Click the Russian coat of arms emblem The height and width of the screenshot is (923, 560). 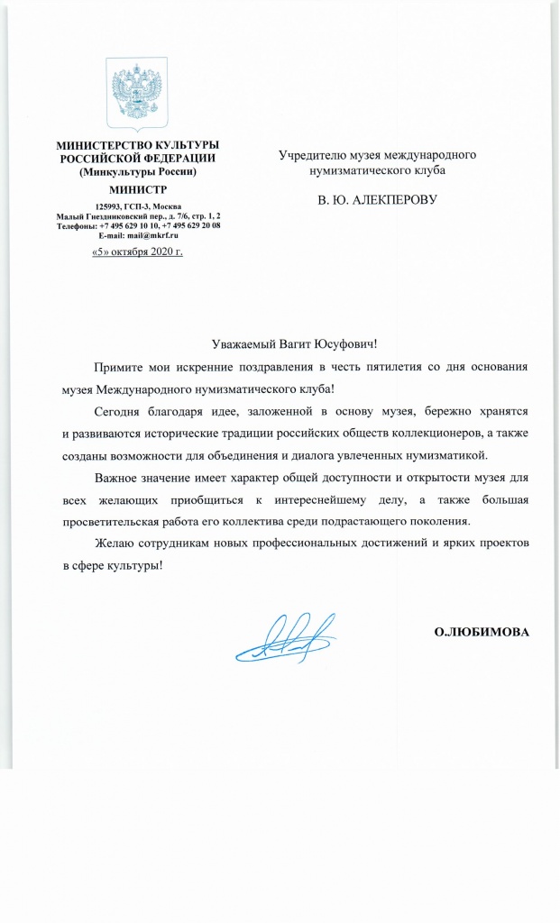coord(138,93)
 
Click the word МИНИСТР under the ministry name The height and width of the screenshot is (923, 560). coord(138,189)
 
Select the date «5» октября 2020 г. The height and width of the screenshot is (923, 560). coord(138,251)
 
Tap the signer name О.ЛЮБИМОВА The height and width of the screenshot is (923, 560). coord(482,632)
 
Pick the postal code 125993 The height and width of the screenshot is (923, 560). coord(108,207)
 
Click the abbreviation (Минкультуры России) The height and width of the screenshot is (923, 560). coord(138,170)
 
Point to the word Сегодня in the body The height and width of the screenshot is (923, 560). coord(121,410)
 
